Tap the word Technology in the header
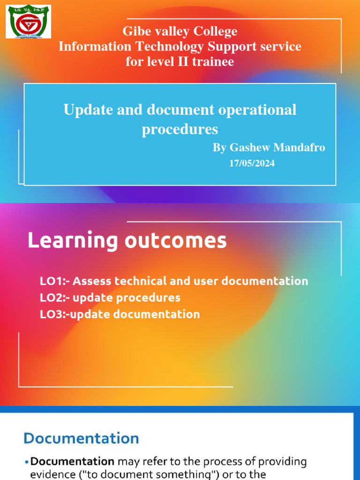(170, 46)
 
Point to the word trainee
(212, 61)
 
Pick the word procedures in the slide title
(180, 129)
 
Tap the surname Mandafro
(299, 148)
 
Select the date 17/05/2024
(252, 164)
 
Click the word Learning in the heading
(73, 241)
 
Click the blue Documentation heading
(82, 438)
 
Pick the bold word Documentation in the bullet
(73, 462)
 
